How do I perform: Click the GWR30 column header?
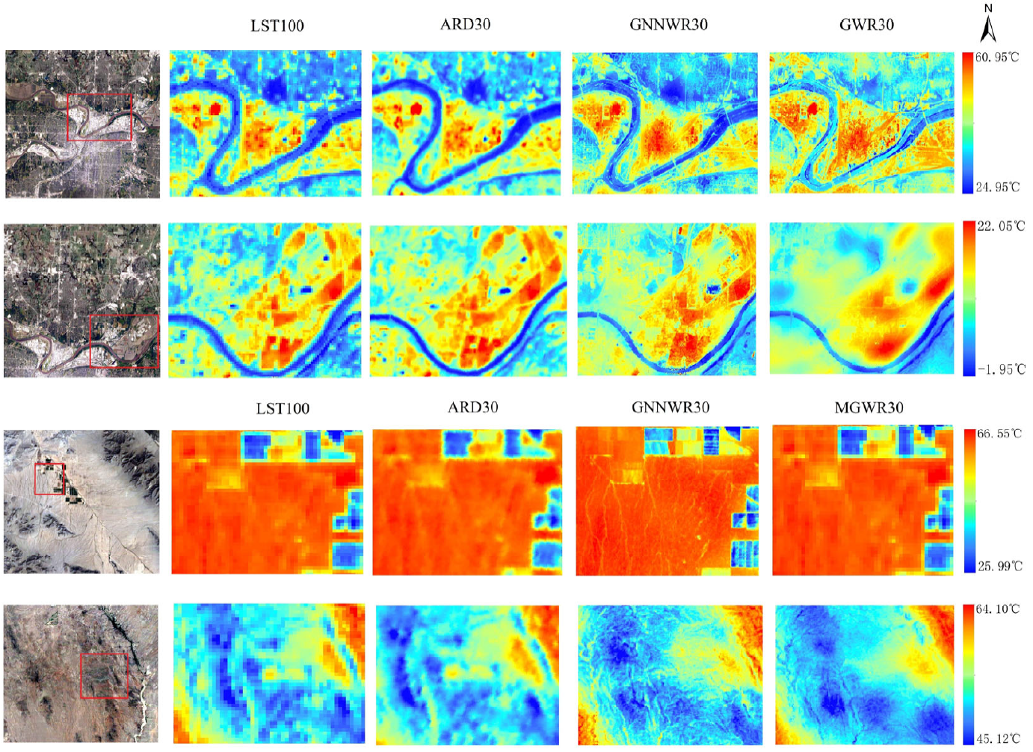(866, 25)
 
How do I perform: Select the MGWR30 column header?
(869, 408)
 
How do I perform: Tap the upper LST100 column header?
(277, 26)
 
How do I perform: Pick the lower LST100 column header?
(283, 409)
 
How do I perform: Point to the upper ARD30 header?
(465, 25)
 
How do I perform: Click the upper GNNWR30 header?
(668, 25)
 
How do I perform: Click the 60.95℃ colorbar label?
(997, 58)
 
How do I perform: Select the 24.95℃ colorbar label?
(997, 187)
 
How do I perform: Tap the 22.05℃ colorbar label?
(1001, 226)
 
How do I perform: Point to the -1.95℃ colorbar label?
(1001, 369)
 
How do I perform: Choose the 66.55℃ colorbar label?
(999, 434)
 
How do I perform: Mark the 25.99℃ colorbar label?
(999, 566)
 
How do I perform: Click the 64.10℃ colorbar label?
(997, 609)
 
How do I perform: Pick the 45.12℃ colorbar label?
(997, 739)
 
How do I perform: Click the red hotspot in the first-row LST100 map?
(216, 108)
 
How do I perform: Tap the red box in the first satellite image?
(99, 117)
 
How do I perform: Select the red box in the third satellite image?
(49, 478)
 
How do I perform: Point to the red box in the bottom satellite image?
(104, 676)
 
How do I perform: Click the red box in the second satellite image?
(124, 341)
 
